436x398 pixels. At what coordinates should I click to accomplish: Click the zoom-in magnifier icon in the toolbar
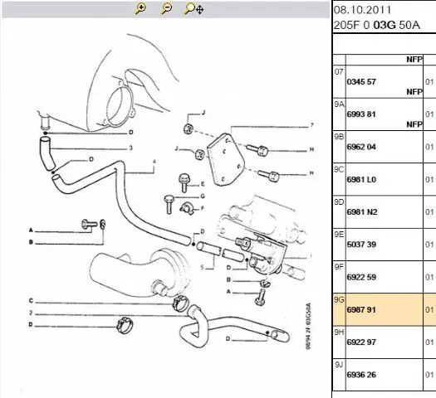tap(140, 8)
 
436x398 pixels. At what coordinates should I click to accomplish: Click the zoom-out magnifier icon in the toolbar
tap(166, 8)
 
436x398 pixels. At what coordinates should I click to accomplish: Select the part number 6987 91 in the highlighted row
tap(361, 309)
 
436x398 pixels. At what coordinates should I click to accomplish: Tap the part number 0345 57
tap(361, 82)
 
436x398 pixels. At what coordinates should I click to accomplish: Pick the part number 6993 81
tap(361, 114)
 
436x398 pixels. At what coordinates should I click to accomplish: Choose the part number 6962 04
tap(361, 147)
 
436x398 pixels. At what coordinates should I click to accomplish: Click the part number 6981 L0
tap(361, 180)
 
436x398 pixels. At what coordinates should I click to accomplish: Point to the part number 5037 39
tap(361, 245)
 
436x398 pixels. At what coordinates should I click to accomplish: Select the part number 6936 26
tap(361, 375)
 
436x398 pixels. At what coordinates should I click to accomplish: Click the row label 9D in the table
tap(339, 202)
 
